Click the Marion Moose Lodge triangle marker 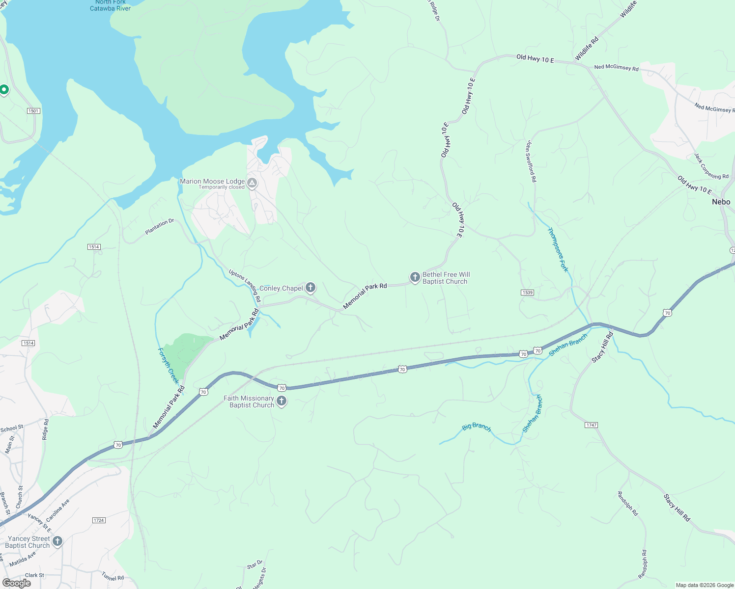pos(252,183)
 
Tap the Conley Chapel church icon pos(310,287)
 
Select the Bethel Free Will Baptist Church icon pos(415,277)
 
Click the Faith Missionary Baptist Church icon pos(282,401)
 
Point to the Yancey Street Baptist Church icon pos(57,541)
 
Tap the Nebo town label pos(721,202)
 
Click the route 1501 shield pos(33,111)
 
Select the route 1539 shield pos(527,293)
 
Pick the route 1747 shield pos(592,425)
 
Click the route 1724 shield pos(99,520)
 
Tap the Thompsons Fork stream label pos(558,249)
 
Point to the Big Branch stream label pos(476,427)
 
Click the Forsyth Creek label pos(168,366)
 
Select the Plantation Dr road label pos(160,226)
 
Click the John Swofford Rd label pos(530,161)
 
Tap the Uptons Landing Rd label pos(245,285)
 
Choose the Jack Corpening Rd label pos(711,166)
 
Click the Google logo pos(16,583)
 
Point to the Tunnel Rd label pos(113,576)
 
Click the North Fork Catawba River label pos(111,5)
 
